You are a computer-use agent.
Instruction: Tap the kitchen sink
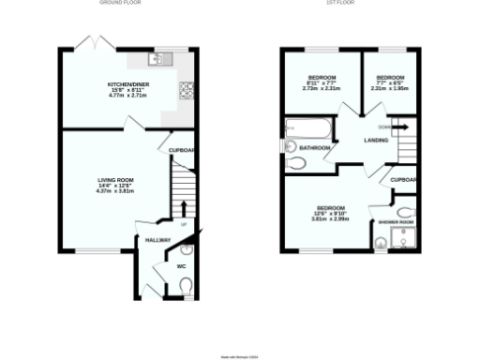pyautogui.click(x=157, y=58)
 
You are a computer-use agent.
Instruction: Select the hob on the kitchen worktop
pyautogui.click(x=187, y=91)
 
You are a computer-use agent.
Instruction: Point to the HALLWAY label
pyautogui.click(x=157, y=241)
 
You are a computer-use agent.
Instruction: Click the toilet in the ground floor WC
pyautogui.click(x=184, y=285)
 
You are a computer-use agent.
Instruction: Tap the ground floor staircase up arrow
pyautogui.click(x=184, y=208)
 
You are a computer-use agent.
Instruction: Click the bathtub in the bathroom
pyautogui.click(x=307, y=128)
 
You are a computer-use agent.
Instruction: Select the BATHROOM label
pyautogui.click(x=315, y=148)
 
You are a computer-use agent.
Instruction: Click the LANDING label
pyautogui.click(x=378, y=141)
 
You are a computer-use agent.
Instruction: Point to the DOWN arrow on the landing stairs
pyautogui.click(x=400, y=127)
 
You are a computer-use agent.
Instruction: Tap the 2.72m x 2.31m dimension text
pyautogui.click(x=322, y=89)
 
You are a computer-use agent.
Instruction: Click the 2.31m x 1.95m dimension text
pyautogui.click(x=390, y=89)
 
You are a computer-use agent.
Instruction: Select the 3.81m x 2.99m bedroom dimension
pyautogui.click(x=330, y=218)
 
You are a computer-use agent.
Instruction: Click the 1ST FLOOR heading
pyautogui.click(x=338, y=4)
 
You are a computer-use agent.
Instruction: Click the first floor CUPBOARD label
pyautogui.click(x=404, y=179)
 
